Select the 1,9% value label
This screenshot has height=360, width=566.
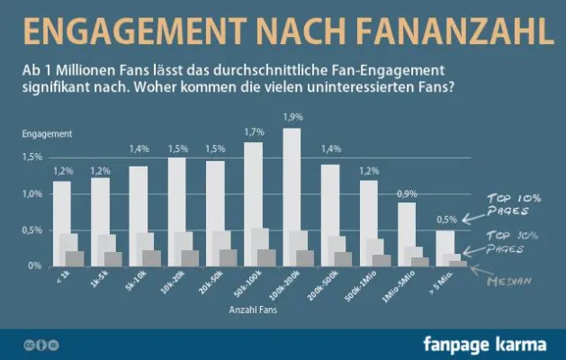pos(292,117)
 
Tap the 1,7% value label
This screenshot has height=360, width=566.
pos(254,132)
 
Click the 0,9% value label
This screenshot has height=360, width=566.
pos(407,193)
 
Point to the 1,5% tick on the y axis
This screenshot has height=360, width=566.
pos(32,157)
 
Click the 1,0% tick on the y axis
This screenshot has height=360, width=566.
pos(32,193)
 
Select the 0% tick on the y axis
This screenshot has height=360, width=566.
pos(35,266)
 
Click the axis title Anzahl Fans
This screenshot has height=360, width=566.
pos(254,310)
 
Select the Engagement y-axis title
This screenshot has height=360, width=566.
pos(47,133)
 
